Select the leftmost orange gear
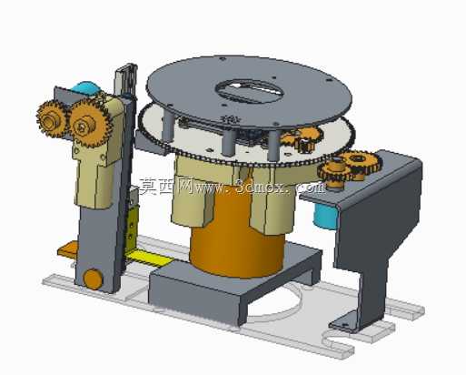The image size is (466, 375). pos(51,119)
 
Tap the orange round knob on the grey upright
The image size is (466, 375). pos(93,279)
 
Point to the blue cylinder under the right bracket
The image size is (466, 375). pos(325,217)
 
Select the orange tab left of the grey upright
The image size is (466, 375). pos(68,248)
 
